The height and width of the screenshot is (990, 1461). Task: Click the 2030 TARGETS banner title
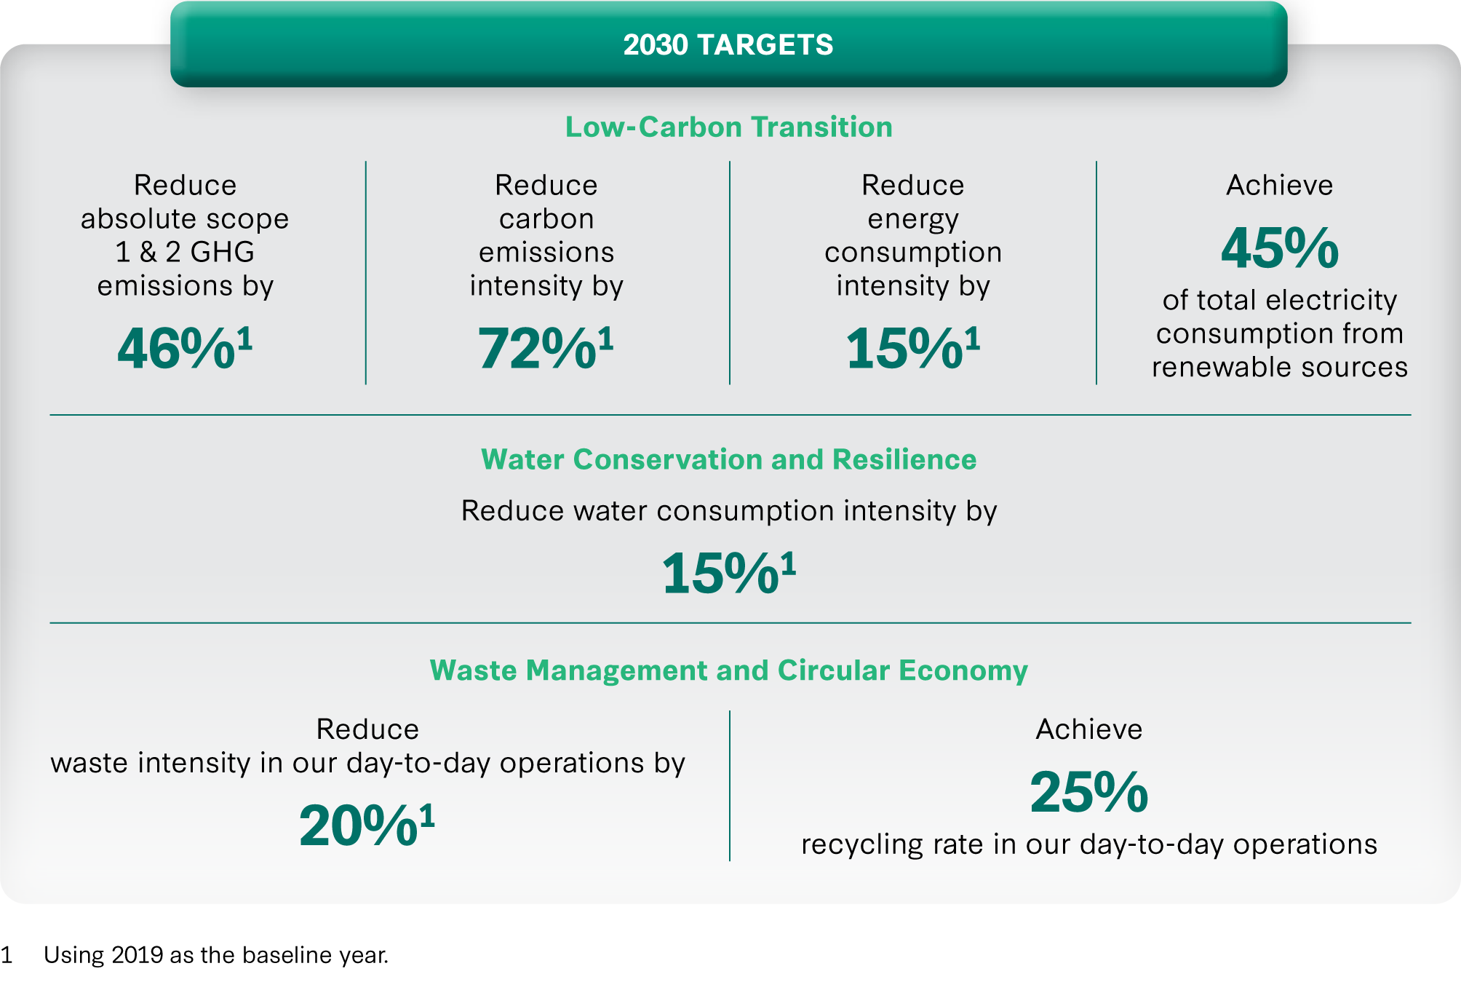coord(728,45)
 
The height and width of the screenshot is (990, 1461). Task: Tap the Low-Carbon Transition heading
coord(729,127)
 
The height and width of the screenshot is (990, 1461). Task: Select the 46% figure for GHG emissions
coord(176,348)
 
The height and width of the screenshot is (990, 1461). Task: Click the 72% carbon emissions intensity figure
coord(537,348)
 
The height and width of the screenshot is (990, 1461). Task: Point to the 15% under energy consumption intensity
coord(904,348)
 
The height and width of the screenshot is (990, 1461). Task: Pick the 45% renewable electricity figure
coord(1280,247)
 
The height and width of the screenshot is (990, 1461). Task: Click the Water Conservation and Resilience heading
coord(729,459)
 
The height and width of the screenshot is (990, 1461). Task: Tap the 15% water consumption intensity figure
coord(720,573)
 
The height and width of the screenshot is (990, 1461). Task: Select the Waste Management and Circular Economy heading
coord(729,670)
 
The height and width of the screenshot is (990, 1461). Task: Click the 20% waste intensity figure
coord(359,825)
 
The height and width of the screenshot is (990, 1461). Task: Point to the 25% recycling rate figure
coord(1089,792)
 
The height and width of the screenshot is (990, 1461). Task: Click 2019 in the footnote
coord(137,955)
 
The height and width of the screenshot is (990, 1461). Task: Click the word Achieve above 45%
coord(1280,185)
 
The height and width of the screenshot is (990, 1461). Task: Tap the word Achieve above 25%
coord(1089,729)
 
